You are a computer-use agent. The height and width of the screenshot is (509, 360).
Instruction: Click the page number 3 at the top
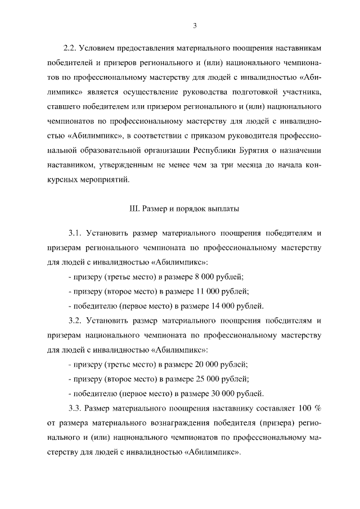coord(193,25)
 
